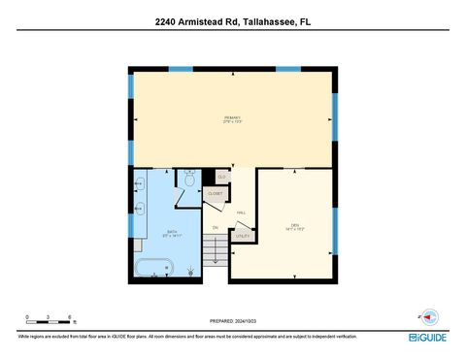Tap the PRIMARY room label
coord(232,120)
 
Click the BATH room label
coord(171,233)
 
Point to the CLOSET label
coord(215,194)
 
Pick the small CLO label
coord(221,177)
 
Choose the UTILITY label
coord(242,236)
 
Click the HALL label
coord(241,213)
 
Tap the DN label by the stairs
coord(216,228)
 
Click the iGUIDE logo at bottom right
coord(427,337)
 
